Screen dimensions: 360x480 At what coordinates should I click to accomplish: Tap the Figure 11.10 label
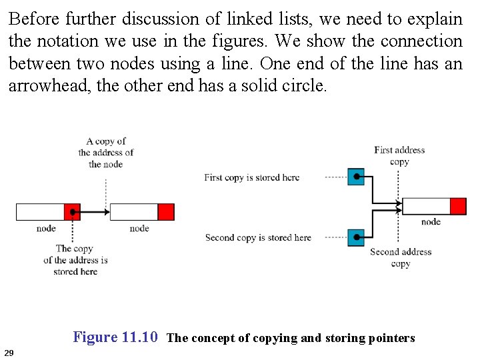click(x=115, y=337)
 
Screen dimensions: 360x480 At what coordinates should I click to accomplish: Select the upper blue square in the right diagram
click(x=356, y=177)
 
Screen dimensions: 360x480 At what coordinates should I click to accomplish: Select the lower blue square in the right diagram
click(x=356, y=237)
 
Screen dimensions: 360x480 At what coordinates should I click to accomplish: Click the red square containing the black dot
click(x=72, y=212)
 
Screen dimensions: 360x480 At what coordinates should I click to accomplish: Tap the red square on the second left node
click(x=166, y=212)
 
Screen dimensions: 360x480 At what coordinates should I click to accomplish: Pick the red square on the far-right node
click(x=458, y=206)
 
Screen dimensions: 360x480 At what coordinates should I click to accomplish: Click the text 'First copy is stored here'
click(x=251, y=177)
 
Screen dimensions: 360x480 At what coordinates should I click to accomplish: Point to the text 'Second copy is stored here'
click(x=258, y=237)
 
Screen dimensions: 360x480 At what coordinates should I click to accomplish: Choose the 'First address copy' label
click(x=399, y=155)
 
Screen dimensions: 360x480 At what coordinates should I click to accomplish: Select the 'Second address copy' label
click(x=400, y=257)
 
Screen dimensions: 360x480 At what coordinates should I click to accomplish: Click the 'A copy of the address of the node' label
click(x=105, y=152)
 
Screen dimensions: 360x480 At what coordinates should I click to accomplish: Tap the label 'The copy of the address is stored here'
click(x=75, y=260)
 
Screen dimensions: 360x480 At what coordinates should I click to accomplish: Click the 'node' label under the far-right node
click(x=431, y=221)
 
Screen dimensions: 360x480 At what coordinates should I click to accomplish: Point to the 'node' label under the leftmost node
click(x=46, y=229)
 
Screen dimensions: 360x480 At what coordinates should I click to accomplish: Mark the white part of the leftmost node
click(x=39, y=212)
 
